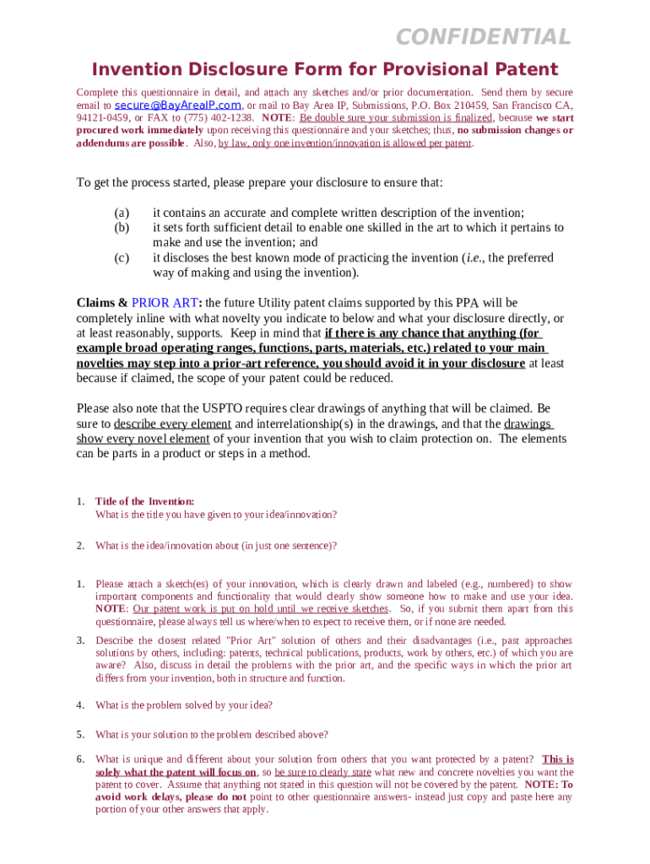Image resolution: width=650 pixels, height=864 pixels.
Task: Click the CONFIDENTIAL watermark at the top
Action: click(x=484, y=37)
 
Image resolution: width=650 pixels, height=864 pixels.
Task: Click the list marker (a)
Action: click(x=122, y=213)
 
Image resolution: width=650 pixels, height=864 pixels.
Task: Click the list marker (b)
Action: click(x=122, y=228)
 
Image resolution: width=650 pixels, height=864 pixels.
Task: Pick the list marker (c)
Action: click(x=122, y=257)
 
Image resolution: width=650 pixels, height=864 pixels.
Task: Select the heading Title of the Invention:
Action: click(x=145, y=501)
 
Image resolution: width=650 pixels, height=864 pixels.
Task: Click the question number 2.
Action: click(x=80, y=546)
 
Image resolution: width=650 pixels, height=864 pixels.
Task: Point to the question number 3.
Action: click(x=80, y=640)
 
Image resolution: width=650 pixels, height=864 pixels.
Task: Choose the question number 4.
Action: click(x=80, y=705)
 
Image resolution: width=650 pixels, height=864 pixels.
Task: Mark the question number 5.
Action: click(x=80, y=734)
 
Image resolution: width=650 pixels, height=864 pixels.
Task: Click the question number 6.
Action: click(x=80, y=759)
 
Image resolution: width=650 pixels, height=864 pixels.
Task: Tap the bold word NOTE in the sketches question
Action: click(x=111, y=609)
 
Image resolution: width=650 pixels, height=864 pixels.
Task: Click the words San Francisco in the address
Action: click(x=523, y=105)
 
